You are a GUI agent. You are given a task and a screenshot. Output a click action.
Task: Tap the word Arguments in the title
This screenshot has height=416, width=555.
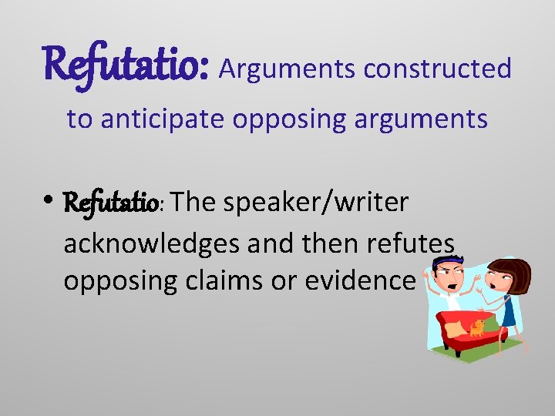288,69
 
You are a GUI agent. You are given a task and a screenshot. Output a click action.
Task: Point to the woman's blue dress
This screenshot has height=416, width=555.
509,308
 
